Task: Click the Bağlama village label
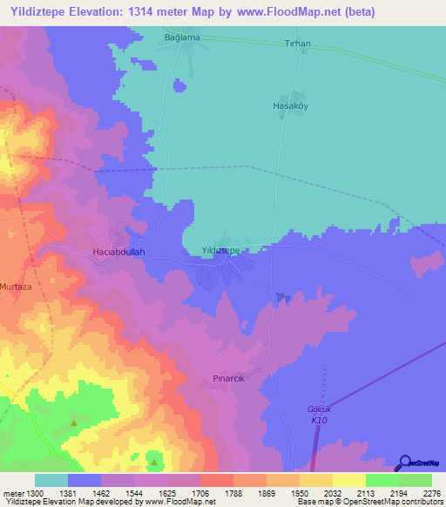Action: pos(183,37)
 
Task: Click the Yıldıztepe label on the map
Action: pos(220,250)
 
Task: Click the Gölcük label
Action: pos(321,409)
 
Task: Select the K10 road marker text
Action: pos(321,420)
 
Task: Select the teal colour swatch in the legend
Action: pos(51,480)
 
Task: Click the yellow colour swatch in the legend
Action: pos(348,480)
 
